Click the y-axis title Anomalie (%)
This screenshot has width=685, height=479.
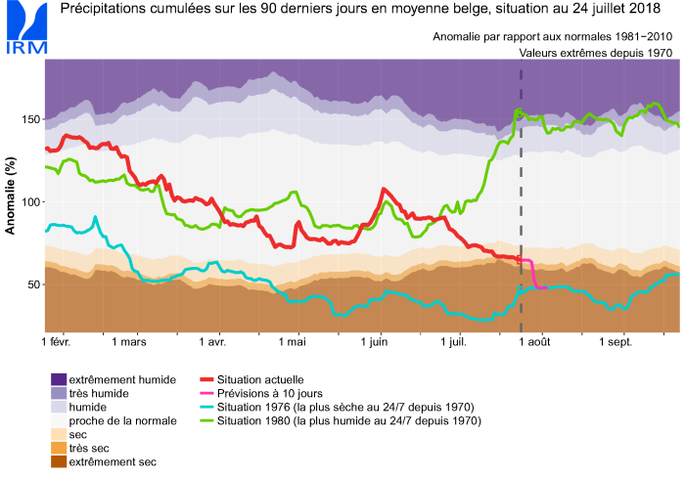[x=11, y=196]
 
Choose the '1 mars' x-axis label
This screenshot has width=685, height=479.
[x=128, y=343]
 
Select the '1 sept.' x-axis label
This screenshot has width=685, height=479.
[x=616, y=343]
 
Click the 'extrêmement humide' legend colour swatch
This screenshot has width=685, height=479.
[x=59, y=379]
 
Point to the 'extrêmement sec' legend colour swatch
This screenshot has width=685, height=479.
[x=59, y=461]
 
